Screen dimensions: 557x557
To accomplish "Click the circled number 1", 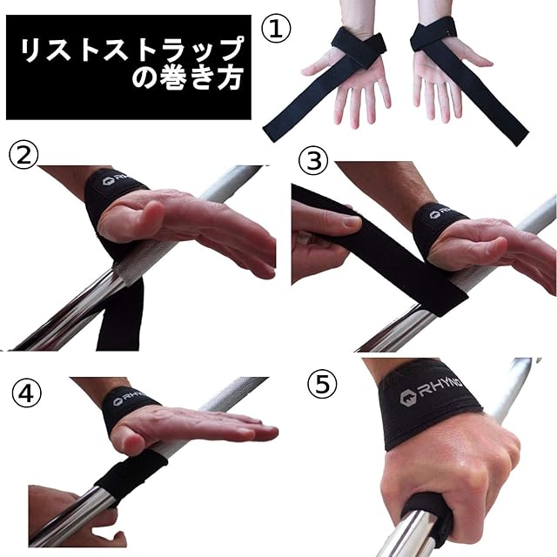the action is pos(276,28).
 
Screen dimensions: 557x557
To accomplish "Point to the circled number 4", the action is pos(27,393).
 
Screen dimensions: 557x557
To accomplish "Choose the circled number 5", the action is pos(322,385).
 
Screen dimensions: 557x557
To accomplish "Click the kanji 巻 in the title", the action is pos(174,77).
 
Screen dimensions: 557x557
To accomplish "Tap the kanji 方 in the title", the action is pos(231,77).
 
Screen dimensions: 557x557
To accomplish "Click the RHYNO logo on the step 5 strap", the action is pos(431,391).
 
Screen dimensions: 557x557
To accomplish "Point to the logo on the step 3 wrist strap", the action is pos(441,212).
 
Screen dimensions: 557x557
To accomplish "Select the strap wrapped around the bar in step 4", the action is pos(131,474).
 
